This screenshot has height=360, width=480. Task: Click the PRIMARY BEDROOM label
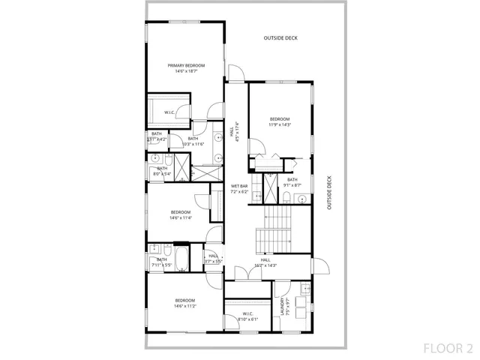(186, 68)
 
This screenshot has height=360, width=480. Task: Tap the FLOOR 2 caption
(448, 348)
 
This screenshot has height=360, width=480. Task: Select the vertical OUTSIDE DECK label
(328, 192)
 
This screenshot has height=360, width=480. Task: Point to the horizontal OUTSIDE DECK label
(280, 37)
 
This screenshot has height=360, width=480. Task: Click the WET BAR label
(239, 188)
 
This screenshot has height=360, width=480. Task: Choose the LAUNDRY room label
(283, 307)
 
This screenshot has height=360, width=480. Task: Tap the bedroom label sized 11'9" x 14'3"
(280, 122)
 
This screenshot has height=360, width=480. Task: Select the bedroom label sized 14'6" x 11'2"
(181, 303)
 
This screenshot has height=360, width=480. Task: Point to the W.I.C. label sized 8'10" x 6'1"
(247, 316)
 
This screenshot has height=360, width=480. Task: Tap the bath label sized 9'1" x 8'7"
(292, 182)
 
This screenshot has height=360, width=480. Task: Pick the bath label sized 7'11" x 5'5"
(161, 262)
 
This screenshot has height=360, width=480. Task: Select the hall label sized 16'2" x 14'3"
(265, 262)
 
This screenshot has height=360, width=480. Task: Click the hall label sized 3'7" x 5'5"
(213, 259)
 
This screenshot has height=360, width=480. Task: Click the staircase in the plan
(274, 228)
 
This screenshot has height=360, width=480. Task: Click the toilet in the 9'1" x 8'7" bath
(286, 198)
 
